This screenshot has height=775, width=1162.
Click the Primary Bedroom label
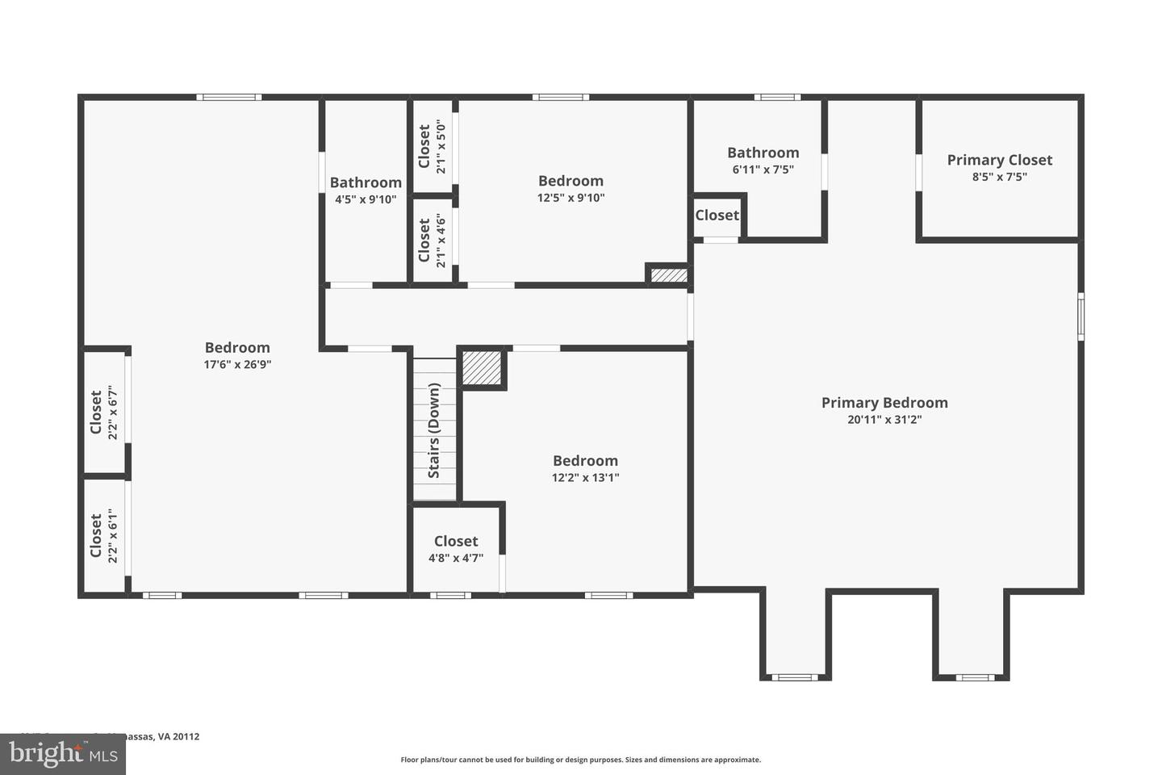click(884, 402)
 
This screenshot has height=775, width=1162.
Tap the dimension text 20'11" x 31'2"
click(884, 420)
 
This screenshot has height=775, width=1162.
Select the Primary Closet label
click(999, 160)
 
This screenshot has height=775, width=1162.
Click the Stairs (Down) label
click(434, 430)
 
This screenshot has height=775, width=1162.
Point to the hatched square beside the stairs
click(482, 368)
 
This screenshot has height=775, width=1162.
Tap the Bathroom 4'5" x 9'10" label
click(366, 182)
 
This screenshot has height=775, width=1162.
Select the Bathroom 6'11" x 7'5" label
click(763, 153)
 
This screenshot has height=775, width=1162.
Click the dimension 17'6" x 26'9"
click(237, 364)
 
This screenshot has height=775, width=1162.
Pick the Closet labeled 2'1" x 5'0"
click(424, 147)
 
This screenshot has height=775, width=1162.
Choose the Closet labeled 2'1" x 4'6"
click(424, 241)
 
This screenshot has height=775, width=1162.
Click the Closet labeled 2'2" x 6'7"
click(96, 413)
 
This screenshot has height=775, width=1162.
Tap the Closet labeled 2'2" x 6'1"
click(96, 535)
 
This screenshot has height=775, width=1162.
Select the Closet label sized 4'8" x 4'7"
click(456, 541)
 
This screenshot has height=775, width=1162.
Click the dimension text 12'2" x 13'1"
click(585, 477)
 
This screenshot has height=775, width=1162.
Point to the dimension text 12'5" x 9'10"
click(571, 198)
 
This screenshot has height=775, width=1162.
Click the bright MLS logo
click(62, 754)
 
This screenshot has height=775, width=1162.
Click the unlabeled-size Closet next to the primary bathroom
click(717, 215)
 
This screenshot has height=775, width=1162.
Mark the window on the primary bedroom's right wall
click(1080, 316)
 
